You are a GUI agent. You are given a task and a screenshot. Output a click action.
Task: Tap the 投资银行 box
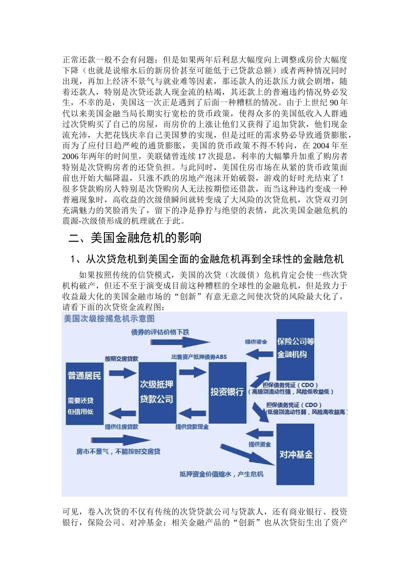[227, 392]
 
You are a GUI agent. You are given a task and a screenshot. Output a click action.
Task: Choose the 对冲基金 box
[295, 454]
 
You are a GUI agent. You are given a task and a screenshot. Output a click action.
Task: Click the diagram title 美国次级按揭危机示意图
[109, 319]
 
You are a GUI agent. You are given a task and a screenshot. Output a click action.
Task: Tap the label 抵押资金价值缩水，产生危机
[221, 474]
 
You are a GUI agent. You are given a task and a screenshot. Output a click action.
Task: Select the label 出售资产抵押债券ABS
[199, 357]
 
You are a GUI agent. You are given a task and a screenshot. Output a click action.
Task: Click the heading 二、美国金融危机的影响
[135, 238]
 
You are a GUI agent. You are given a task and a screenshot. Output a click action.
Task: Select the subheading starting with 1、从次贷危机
[207, 259]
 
